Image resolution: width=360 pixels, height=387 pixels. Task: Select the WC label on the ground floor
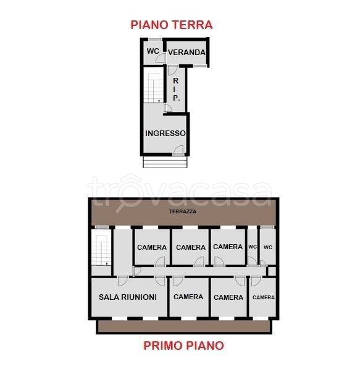(x=153, y=51)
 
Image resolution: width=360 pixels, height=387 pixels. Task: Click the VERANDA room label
(x=186, y=53)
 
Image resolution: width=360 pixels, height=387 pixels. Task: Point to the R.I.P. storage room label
(x=176, y=89)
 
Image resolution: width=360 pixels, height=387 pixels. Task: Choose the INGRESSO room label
(x=165, y=134)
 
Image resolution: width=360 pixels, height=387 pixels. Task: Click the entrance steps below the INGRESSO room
(x=165, y=161)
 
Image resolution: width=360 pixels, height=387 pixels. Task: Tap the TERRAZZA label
(x=183, y=211)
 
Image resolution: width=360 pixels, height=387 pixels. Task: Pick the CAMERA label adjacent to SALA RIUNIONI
(x=188, y=297)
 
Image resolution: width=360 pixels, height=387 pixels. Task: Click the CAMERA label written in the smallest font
(x=264, y=297)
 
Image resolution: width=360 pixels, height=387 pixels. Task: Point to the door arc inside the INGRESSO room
(x=178, y=149)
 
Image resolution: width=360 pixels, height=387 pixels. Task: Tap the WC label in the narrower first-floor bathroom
(x=252, y=247)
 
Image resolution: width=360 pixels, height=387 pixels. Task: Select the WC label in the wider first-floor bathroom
(x=267, y=247)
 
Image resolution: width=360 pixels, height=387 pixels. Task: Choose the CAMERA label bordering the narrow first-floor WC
(x=228, y=247)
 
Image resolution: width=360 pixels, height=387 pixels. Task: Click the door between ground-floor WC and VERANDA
(x=162, y=57)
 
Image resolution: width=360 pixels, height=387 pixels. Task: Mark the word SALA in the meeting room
(x=109, y=297)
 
